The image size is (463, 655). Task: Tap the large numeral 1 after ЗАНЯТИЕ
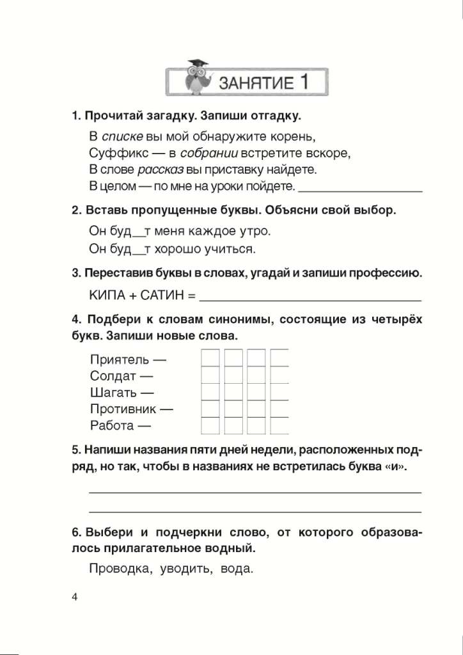pos(303,81)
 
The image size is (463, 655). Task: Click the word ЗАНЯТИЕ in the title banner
pos(255,83)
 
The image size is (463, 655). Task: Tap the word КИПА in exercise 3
pos(106,296)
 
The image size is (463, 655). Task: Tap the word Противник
pos(124,409)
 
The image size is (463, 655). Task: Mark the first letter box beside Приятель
pos(211,358)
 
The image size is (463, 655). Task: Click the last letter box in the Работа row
pos(279,425)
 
